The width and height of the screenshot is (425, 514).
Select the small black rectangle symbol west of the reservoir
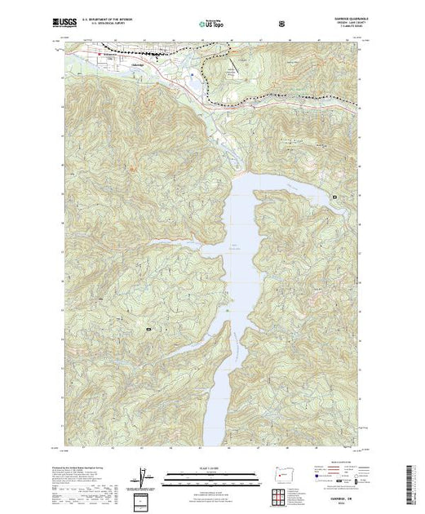tap(148, 329)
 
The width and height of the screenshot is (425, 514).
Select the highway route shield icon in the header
tap(281, 24)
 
